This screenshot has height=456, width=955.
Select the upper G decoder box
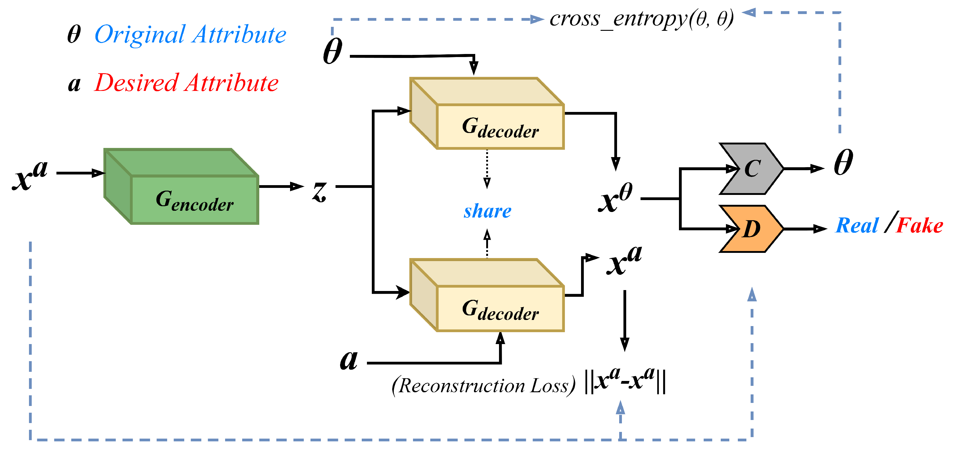click(500, 126)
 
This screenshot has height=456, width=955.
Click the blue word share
click(487, 211)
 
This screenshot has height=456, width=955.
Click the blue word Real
click(857, 225)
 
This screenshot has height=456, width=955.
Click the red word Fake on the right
click(919, 225)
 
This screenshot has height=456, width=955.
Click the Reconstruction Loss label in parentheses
click(484, 386)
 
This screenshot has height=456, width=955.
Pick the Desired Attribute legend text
click(186, 83)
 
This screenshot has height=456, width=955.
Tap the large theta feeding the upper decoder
click(332, 52)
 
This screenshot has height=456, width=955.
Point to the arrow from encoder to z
click(282, 186)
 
